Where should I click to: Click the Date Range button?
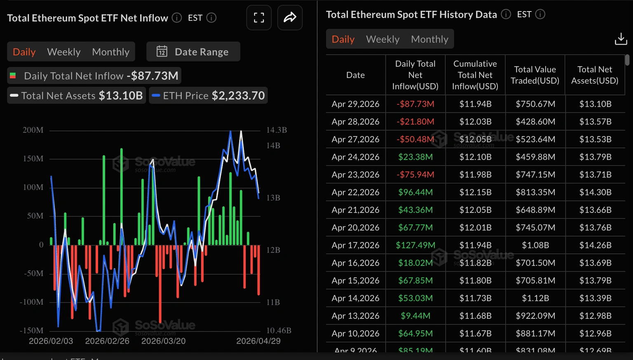tap(193, 52)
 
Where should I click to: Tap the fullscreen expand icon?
tap(259, 18)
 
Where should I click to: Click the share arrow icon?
tap(290, 18)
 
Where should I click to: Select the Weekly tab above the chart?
tap(63, 52)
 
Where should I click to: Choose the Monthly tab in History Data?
tap(429, 39)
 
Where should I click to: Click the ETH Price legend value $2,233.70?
tap(238, 96)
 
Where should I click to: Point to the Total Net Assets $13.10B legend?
tap(77, 96)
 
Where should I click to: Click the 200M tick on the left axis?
tap(33, 130)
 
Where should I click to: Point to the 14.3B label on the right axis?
tap(276, 130)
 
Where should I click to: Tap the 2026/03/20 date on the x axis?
tap(163, 341)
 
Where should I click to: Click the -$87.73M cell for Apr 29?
tap(415, 104)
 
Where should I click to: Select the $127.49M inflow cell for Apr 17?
tap(415, 245)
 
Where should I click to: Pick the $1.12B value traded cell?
tap(535, 298)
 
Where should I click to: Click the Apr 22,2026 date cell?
tap(355, 192)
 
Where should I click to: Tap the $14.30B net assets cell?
tap(595, 192)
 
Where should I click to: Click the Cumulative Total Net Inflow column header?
tap(475, 75)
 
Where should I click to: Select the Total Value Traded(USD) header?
tap(535, 75)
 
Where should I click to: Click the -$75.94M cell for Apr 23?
tap(415, 174)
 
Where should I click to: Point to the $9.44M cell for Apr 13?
tap(415, 316)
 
